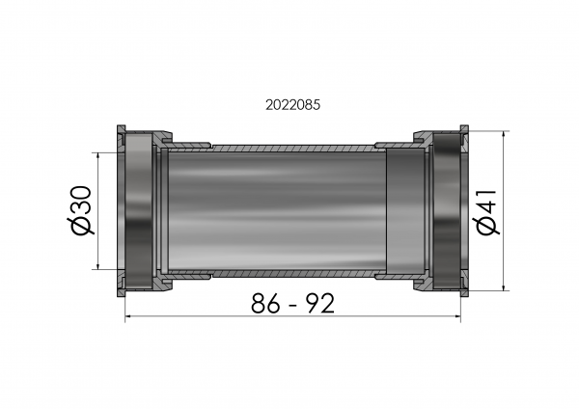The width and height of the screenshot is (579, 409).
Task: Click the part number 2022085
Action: click(x=292, y=105)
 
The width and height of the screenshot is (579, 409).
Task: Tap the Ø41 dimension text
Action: click(x=486, y=212)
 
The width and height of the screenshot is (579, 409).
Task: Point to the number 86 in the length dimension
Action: click(x=265, y=304)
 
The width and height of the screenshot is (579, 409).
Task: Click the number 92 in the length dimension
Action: click(x=321, y=304)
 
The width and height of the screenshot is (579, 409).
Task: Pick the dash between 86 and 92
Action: click(x=293, y=306)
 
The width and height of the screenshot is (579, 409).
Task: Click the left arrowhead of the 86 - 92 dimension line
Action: click(x=128, y=316)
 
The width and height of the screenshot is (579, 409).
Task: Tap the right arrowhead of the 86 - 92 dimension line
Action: click(x=457, y=316)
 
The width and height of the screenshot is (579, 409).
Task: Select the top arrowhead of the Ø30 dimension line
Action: click(x=97, y=155)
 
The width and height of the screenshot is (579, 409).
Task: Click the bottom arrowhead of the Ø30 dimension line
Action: click(x=97, y=266)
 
